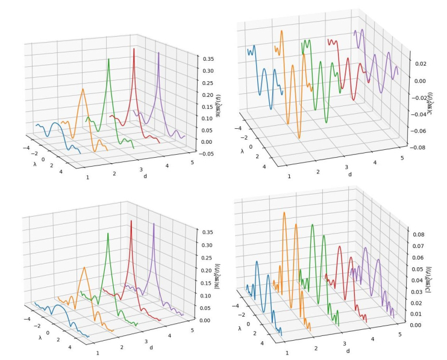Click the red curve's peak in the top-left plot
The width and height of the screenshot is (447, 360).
(134, 48)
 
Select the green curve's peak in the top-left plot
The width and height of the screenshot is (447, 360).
(108, 58)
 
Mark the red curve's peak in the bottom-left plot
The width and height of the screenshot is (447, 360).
(131, 223)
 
